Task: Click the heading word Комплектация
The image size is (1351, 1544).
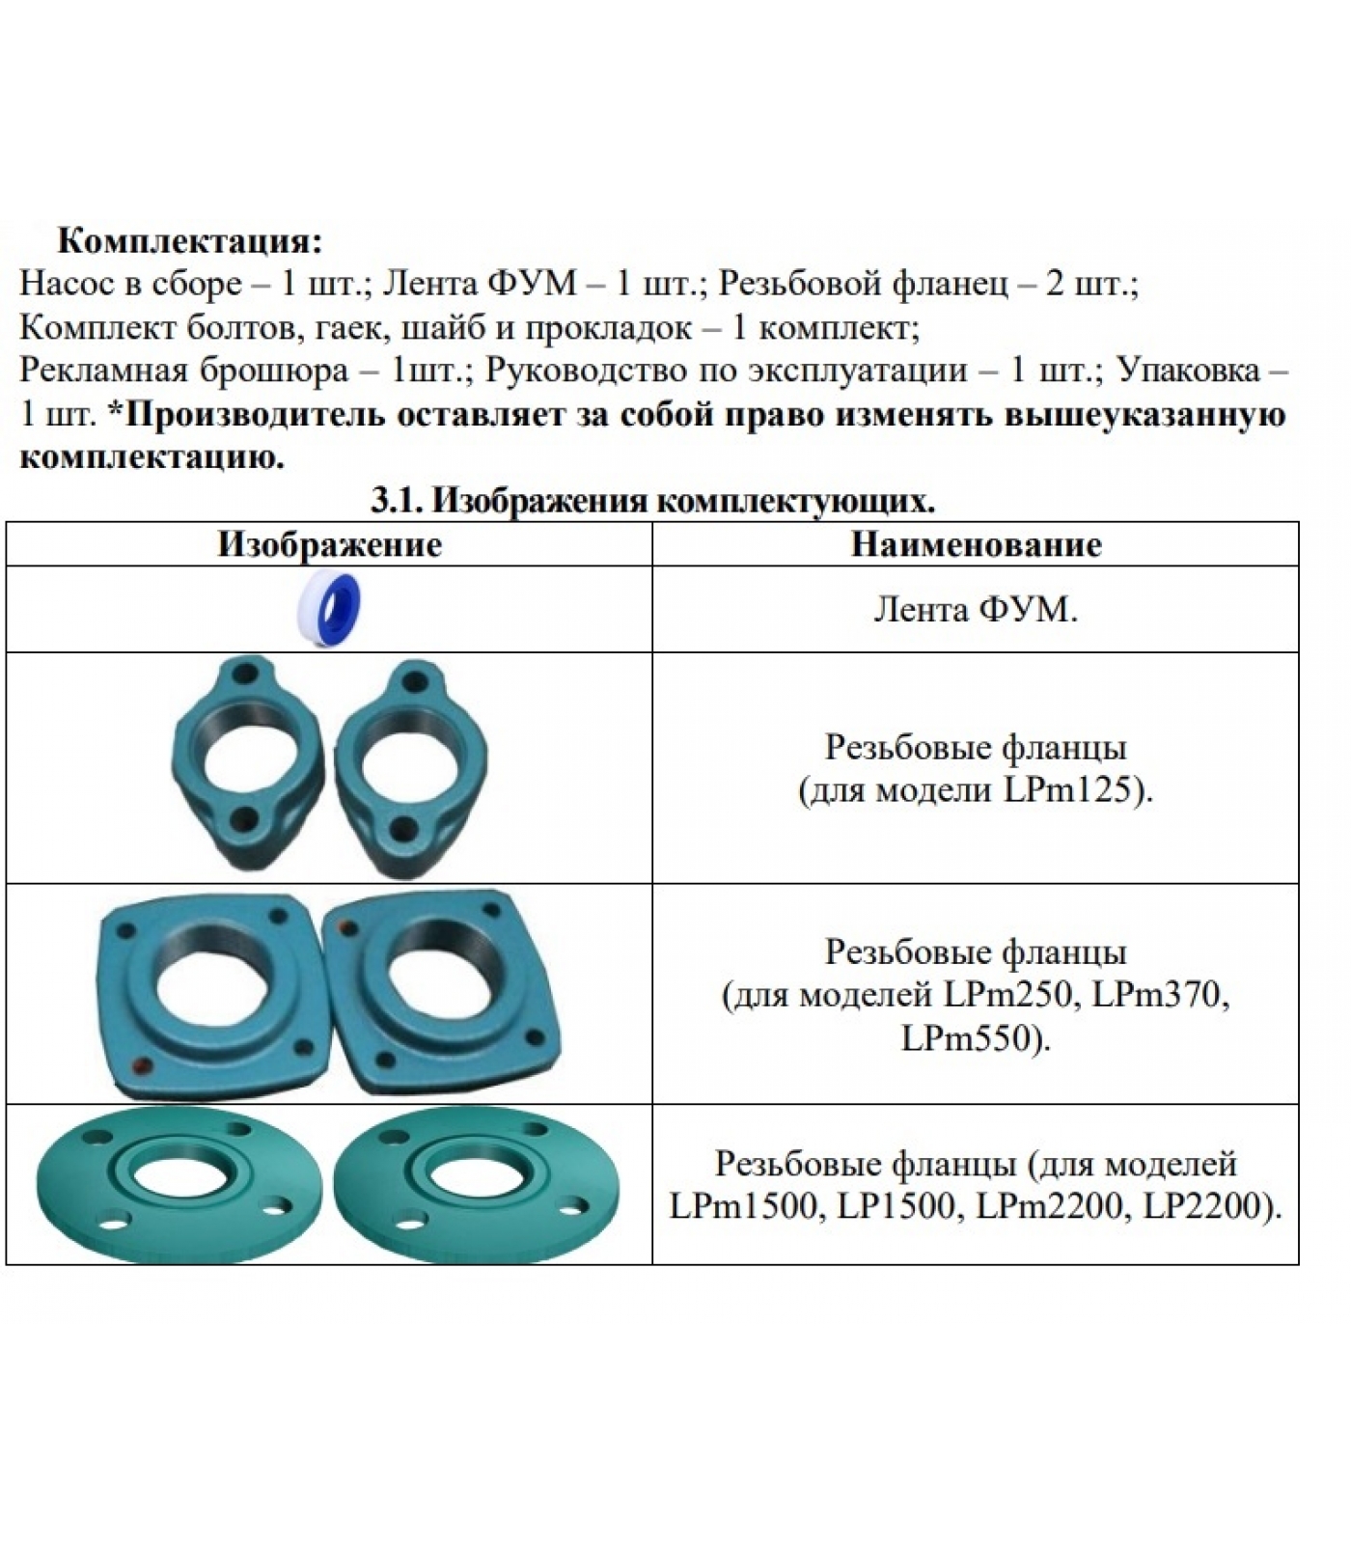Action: click(x=189, y=239)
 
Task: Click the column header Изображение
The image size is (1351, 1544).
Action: click(x=329, y=544)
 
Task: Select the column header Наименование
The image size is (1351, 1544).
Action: click(x=976, y=544)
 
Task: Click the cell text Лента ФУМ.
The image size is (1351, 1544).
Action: click(x=975, y=609)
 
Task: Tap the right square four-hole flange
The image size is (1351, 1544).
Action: click(x=443, y=994)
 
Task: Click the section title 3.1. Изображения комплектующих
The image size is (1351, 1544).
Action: click(x=653, y=500)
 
